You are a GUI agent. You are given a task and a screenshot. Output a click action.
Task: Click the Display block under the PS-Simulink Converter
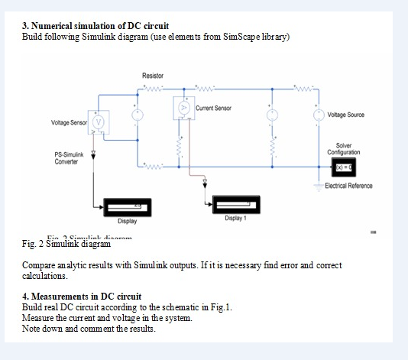point(126,207)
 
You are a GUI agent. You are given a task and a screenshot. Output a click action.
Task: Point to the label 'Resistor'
point(153,76)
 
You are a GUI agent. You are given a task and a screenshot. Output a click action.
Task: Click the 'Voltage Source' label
point(345,115)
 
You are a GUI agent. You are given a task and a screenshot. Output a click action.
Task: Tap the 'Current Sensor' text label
point(213,109)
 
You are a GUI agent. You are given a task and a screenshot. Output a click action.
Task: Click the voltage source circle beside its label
point(319,115)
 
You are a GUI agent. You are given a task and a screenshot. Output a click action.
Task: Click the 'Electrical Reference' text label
point(348,186)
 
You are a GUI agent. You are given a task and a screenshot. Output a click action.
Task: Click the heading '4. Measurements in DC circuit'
point(82,296)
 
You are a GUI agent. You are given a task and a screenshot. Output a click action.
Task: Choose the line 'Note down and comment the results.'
point(89,328)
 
